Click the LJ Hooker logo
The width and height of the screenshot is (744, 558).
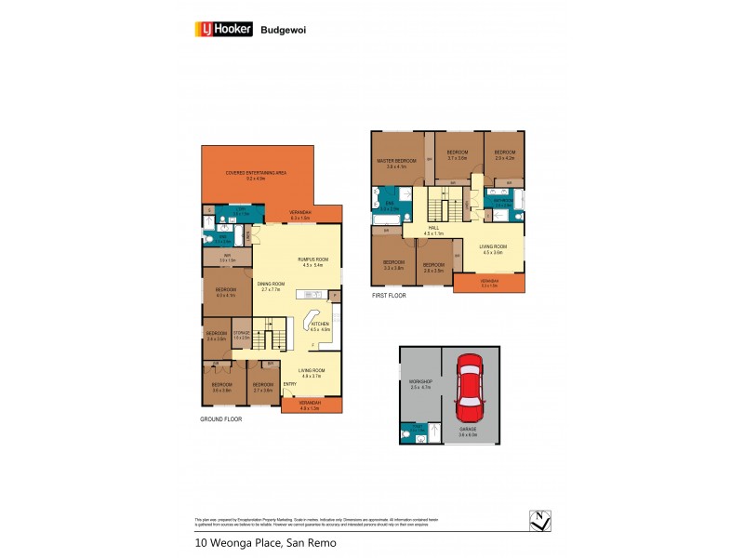[x=219, y=29]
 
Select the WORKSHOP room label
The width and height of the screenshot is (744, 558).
[x=420, y=381]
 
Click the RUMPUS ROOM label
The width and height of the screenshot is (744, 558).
[x=299, y=259]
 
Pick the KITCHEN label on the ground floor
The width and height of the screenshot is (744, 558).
[x=320, y=325]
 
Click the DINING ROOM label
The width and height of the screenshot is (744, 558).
[x=271, y=284]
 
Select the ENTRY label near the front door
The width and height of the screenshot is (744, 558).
[x=289, y=383]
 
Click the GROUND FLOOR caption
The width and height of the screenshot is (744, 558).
[x=222, y=420]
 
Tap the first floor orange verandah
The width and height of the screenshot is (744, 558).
[x=488, y=283]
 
